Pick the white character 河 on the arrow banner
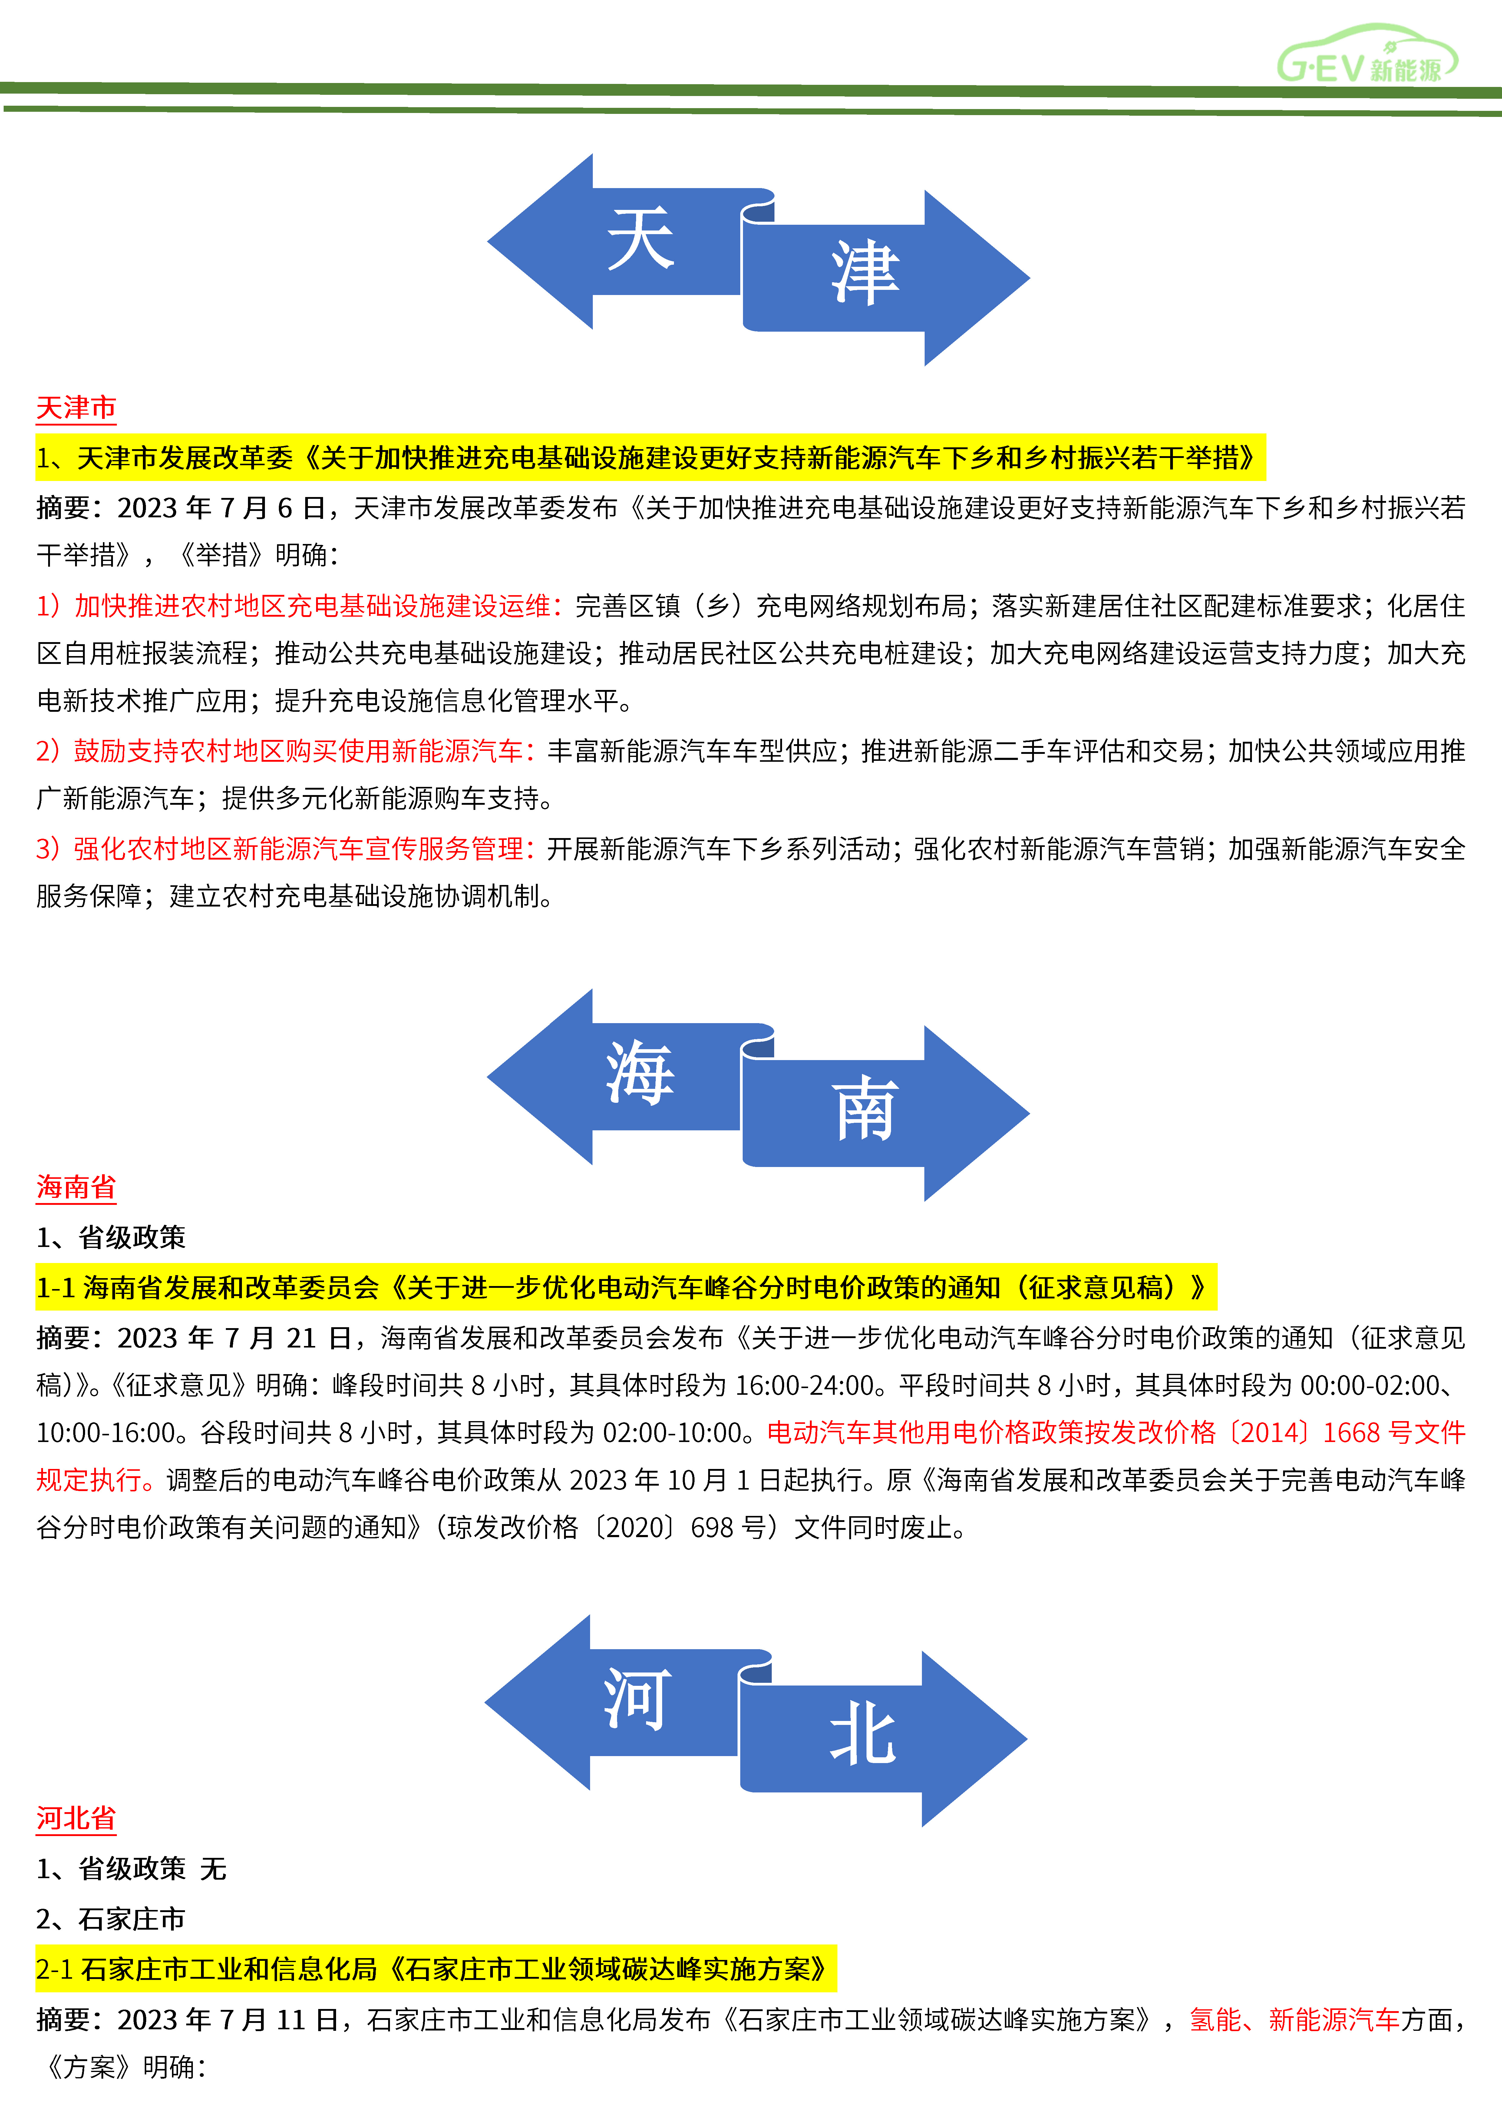click(638, 1699)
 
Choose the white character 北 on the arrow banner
click(863, 1733)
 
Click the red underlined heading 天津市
click(76, 407)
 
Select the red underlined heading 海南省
click(76, 1186)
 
